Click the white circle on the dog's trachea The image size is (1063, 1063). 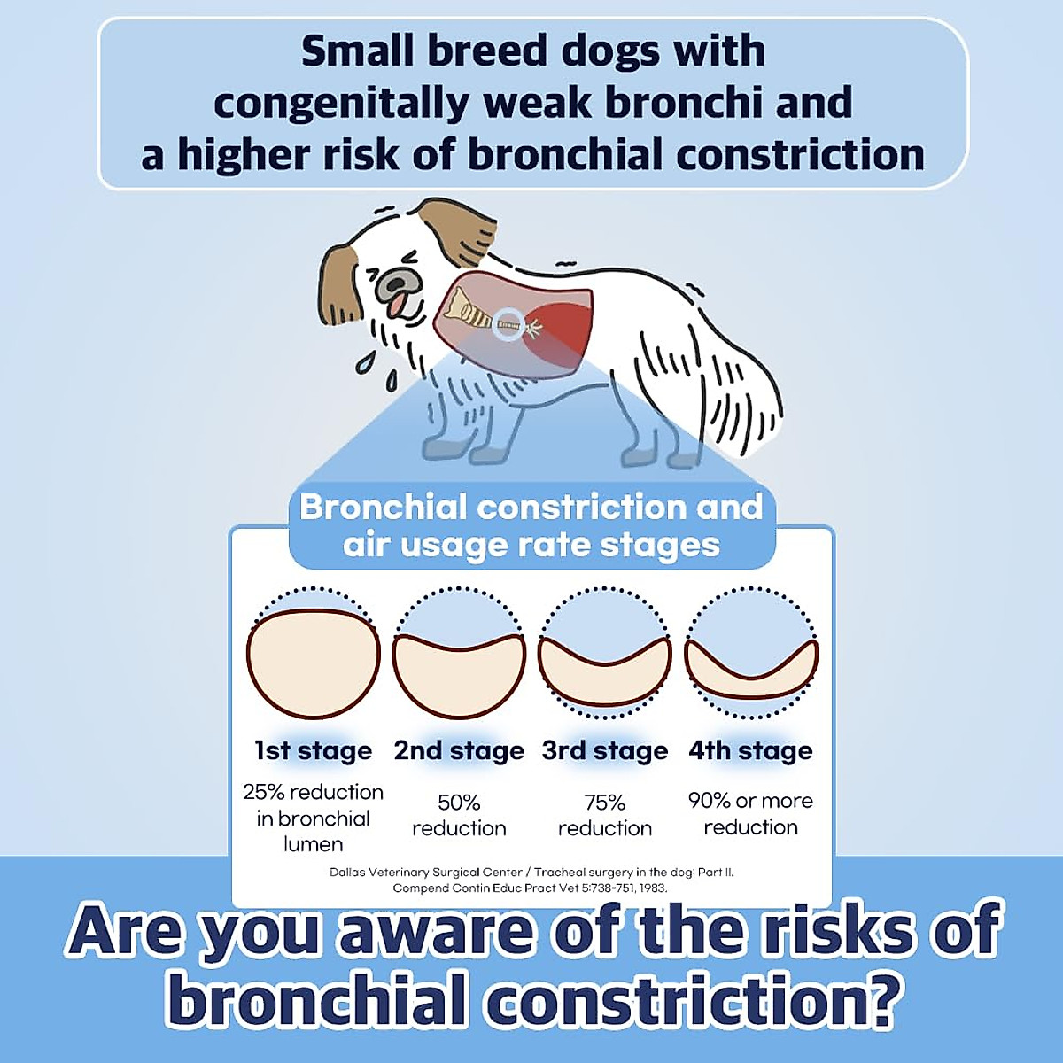[508, 324]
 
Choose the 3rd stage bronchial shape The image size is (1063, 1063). [604, 678]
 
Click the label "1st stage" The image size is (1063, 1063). [313, 751]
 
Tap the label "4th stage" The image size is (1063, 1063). [750, 751]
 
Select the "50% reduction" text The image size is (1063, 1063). [459, 815]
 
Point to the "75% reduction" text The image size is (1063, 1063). [605, 815]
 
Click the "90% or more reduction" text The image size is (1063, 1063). [750, 813]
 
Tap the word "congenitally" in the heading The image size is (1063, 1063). [341, 104]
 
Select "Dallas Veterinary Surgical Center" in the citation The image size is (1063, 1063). [426, 873]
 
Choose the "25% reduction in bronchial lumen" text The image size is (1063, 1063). [313, 818]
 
